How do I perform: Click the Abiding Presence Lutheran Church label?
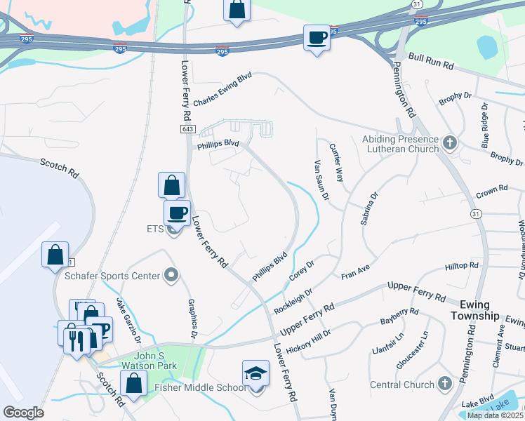[x=400, y=145]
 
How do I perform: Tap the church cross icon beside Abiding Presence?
[x=450, y=144]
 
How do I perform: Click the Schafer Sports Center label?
[x=112, y=276]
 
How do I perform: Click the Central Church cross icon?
[x=444, y=384]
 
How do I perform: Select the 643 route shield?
[x=187, y=130]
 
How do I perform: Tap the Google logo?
[x=24, y=412]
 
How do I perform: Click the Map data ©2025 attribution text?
[x=495, y=415]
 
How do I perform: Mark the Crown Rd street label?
[x=491, y=191]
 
